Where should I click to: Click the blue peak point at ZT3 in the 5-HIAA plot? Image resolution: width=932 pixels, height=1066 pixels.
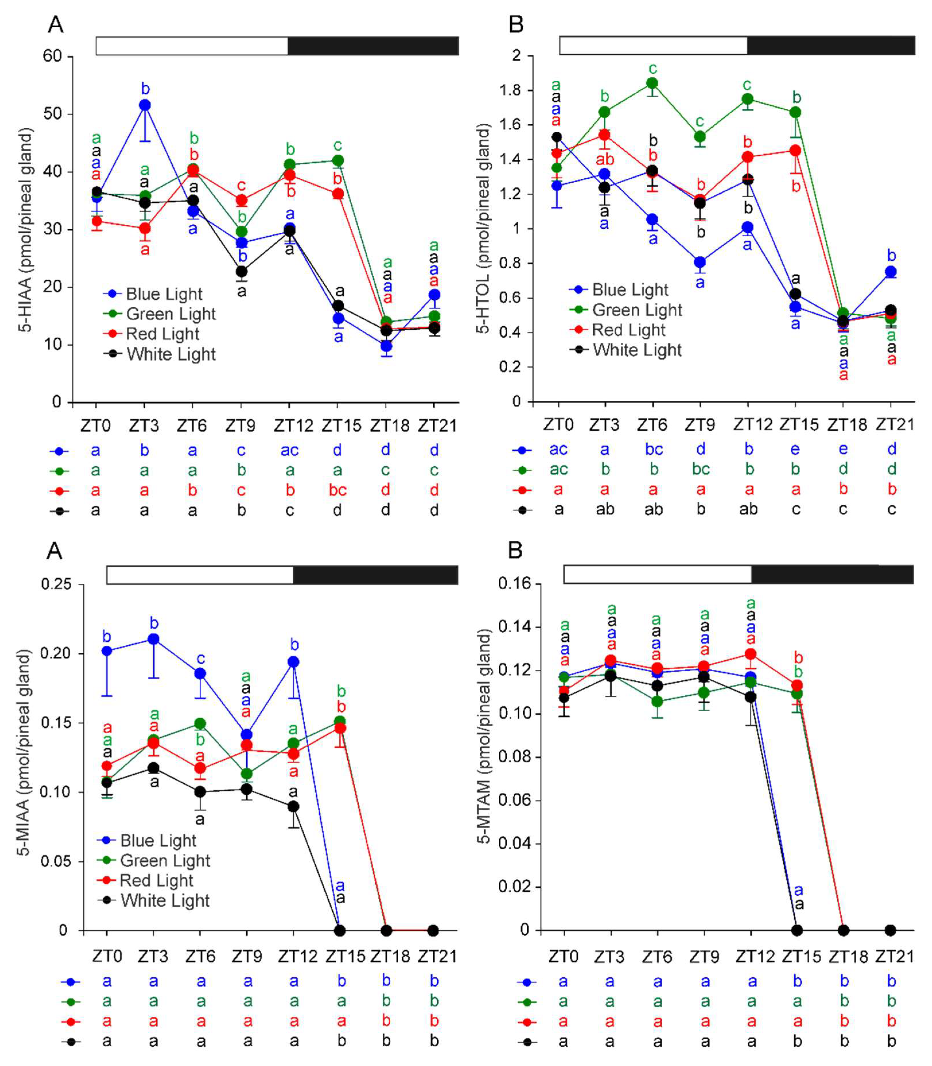click(145, 105)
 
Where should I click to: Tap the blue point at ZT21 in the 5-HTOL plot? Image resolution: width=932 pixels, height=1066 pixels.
click(891, 272)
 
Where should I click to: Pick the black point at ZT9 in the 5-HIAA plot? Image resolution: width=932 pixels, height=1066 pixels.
click(241, 272)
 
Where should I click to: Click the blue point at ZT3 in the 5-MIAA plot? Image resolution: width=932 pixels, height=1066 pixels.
click(153, 639)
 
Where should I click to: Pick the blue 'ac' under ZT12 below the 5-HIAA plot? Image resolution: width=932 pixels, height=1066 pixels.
click(290, 450)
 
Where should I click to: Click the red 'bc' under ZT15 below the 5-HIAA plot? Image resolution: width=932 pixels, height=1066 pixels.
click(338, 490)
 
